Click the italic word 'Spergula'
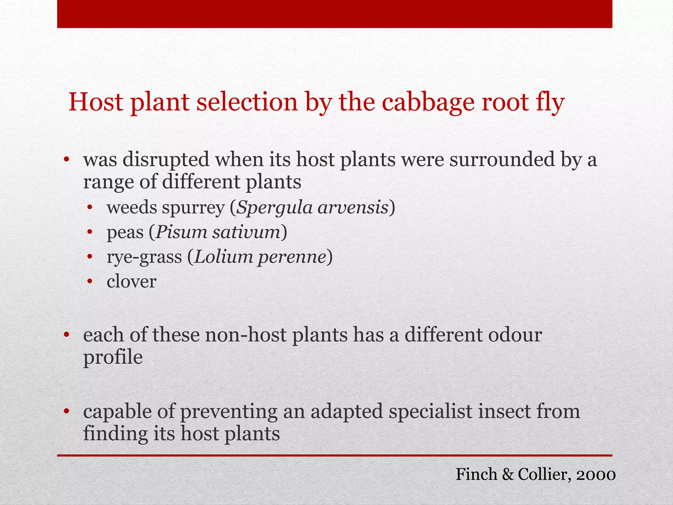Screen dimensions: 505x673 point(274,208)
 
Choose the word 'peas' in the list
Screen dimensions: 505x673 point(125,233)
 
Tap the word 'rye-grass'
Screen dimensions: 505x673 point(144,257)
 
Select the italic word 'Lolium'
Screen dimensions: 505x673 point(223,257)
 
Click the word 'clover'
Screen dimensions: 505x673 point(131,281)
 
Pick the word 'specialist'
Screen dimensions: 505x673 point(430,411)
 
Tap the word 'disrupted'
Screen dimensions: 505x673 point(166,159)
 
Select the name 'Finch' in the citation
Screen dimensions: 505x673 point(476,474)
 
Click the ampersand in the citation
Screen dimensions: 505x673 point(508,474)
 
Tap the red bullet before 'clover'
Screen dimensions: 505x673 point(90,282)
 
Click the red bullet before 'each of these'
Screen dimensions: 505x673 point(67,335)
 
